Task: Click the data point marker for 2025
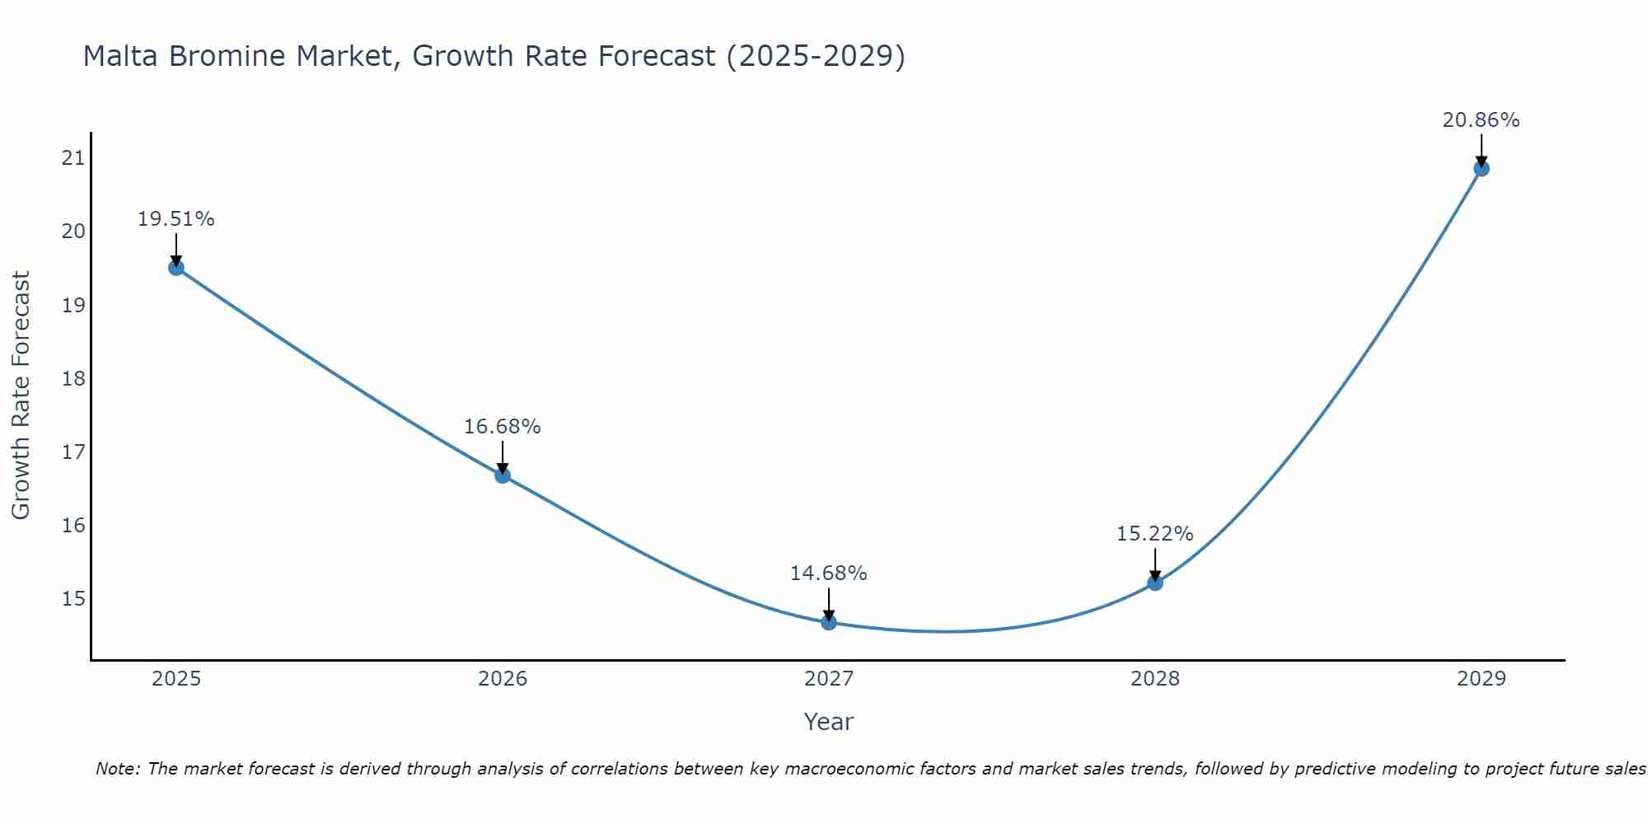point(176,267)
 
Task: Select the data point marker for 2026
point(503,475)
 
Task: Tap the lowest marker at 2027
point(829,622)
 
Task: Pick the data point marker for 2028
point(1155,583)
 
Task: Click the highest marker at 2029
point(1481,168)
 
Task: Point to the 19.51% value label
point(176,219)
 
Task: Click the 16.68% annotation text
point(502,427)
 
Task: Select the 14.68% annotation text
point(828,574)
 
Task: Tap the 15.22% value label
point(1154,534)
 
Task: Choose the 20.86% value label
point(1481,120)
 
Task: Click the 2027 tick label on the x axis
point(829,679)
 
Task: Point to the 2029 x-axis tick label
point(1481,679)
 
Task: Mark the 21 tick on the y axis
point(73,158)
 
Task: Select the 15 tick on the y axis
point(73,598)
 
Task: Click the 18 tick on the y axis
point(73,378)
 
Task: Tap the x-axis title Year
point(828,722)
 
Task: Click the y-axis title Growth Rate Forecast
point(21,395)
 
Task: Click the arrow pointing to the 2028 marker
point(1155,567)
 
